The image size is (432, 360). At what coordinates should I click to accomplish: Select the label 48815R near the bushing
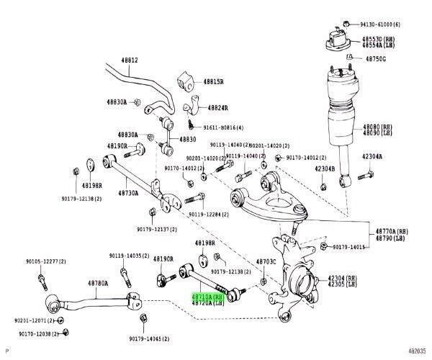coord(214,81)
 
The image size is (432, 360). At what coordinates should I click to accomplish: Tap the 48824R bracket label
coord(218,107)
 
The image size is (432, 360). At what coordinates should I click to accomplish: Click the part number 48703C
coord(268,262)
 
